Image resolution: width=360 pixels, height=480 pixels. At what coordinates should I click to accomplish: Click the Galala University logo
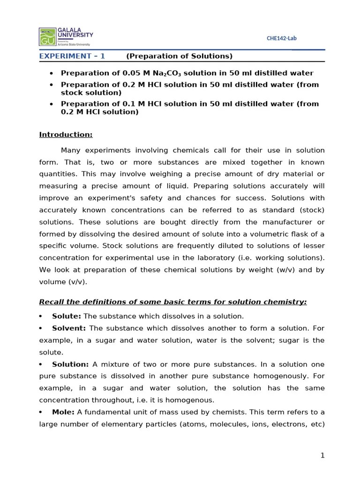coord(66,36)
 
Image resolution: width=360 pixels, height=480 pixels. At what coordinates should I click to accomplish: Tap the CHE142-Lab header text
coord(281,38)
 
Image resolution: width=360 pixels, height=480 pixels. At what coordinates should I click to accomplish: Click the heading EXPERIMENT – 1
coord(72,56)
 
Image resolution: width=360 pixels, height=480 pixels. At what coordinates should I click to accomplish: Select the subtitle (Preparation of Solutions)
coord(179,56)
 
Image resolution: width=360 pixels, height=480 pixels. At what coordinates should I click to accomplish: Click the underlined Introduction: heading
coord(66,135)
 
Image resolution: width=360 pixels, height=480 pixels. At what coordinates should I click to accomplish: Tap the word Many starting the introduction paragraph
coord(71,150)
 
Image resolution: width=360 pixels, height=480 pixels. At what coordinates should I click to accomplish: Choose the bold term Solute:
coord(67,316)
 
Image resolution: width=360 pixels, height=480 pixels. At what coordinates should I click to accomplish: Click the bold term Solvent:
coord(69,328)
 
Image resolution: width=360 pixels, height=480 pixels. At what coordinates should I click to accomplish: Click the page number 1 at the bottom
coord(322,455)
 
